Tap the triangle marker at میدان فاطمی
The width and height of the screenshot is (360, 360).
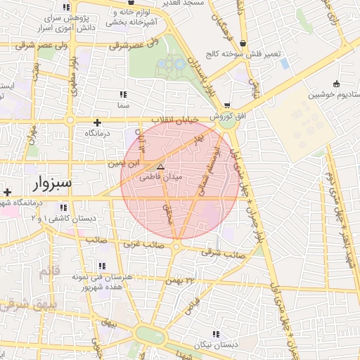[x=161, y=167]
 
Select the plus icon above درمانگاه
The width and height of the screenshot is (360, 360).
[x=97, y=122]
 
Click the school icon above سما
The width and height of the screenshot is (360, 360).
[x=124, y=94]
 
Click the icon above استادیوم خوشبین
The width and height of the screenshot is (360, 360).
[x=335, y=84]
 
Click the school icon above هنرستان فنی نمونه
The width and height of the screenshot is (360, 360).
[x=103, y=266]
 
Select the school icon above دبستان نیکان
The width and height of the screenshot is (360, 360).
[x=218, y=335]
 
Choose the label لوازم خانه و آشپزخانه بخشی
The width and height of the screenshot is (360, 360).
[x=131, y=18]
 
